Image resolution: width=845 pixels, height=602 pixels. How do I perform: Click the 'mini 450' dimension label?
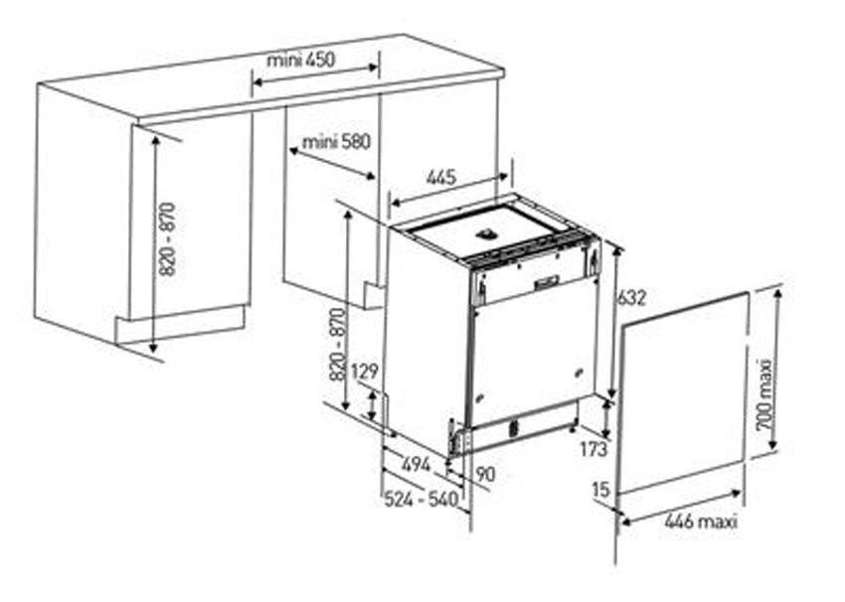(x=300, y=59)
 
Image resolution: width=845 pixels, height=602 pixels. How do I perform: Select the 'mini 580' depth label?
(x=336, y=142)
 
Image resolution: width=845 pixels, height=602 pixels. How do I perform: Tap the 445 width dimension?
(x=440, y=177)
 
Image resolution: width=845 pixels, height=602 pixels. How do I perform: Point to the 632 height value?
(x=630, y=297)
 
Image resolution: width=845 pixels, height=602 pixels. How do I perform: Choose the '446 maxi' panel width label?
(x=701, y=522)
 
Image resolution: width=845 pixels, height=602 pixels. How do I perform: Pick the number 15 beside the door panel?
(x=600, y=490)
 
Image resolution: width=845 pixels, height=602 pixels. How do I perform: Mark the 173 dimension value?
(x=593, y=449)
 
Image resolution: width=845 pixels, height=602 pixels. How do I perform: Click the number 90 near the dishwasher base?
(x=485, y=475)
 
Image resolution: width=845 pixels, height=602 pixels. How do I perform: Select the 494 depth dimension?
(x=416, y=464)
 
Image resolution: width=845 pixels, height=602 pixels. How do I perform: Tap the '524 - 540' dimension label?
(x=421, y=499)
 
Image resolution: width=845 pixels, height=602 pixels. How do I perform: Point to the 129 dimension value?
(x=365, y=372)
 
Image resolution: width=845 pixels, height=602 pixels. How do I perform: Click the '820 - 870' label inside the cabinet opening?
(x=168, y=239)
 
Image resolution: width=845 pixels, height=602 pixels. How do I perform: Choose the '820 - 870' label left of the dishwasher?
(x=337, y=344)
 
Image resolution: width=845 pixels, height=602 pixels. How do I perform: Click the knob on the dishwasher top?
(x=487, y=232)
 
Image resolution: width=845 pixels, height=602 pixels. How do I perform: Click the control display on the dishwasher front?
(x=547, y=282)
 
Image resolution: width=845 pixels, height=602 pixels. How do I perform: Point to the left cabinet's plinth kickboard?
(x=180, y=324)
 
